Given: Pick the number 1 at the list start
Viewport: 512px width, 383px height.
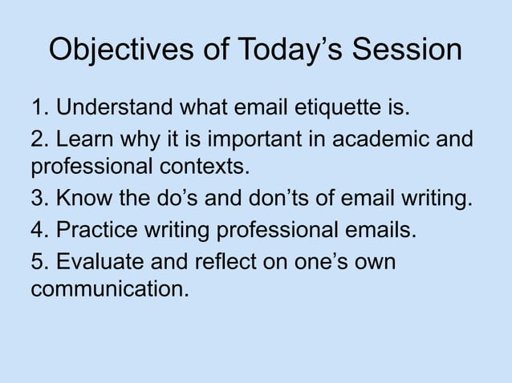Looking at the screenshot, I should click(37, 107).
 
